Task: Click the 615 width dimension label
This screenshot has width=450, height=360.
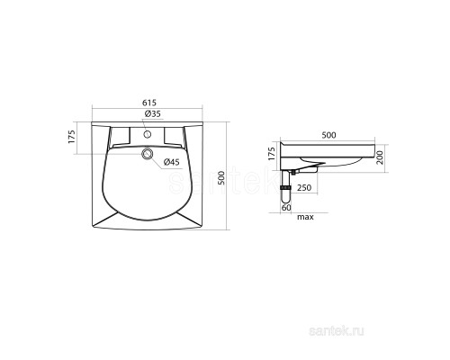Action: pos(149,103)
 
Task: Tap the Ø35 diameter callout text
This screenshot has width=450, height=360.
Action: pos(152,113)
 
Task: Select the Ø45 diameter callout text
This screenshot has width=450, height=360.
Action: pos(171,162)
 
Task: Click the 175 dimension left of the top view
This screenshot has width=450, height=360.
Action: pos(72,137)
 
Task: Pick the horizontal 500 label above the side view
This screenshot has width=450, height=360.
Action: pos(328,135)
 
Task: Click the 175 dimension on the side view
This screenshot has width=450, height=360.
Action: pos(271,154)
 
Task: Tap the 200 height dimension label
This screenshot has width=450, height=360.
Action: pos(380,157)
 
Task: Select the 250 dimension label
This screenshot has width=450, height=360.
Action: pos(304,188)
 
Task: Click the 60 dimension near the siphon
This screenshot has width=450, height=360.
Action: pos(286,207)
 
